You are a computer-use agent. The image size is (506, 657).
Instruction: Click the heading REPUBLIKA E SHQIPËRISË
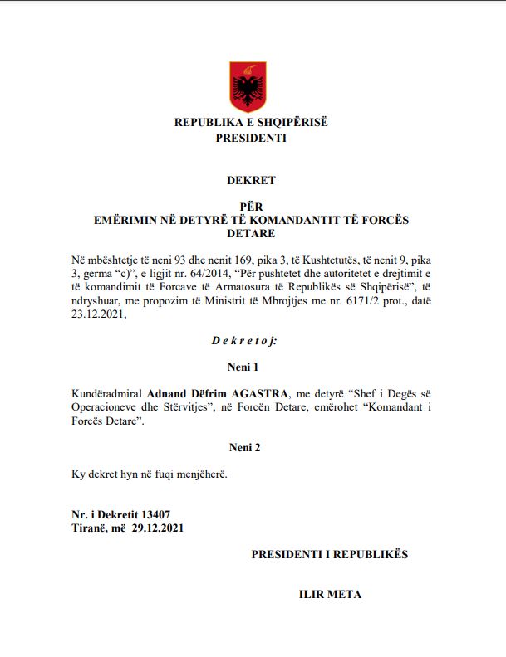click(x=251, y=122)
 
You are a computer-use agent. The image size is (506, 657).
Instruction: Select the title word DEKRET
click(x=251, y=179)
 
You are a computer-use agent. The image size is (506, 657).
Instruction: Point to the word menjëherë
click(x=199, y=474)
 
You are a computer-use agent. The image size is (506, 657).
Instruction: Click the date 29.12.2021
click(x=158, y=528)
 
